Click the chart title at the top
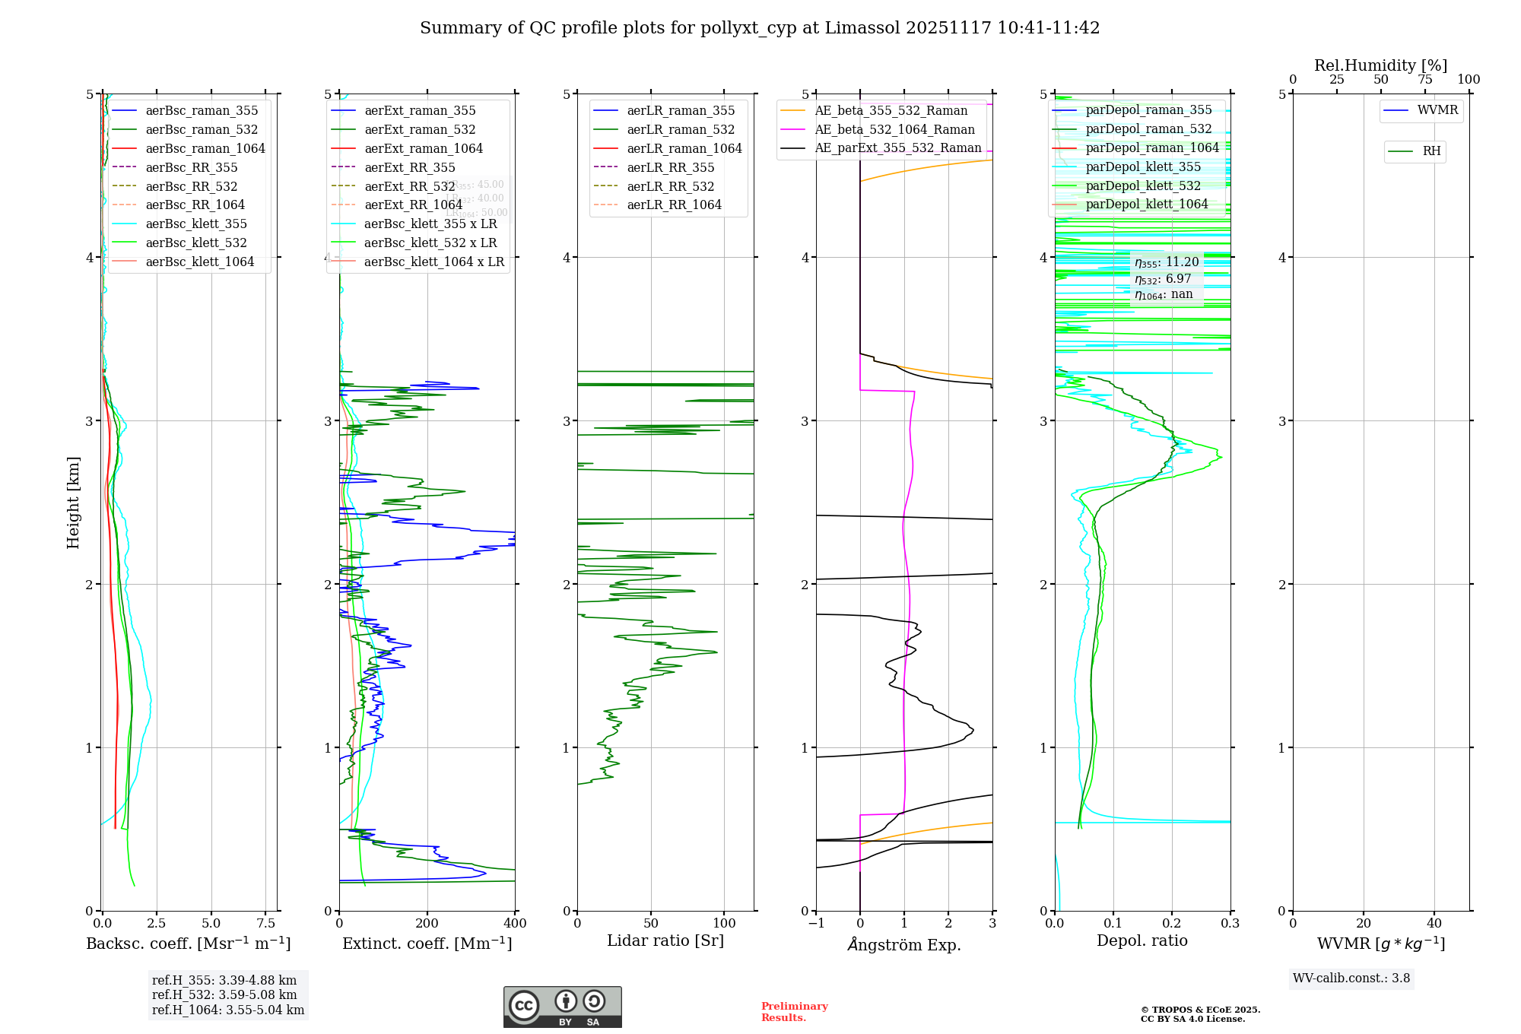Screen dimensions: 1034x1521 pyautogui.click(x=760, y=28)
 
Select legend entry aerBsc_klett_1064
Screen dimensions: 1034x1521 pyautogui.click(x=199, y=262)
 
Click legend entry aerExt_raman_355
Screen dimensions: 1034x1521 pyautogui.click(x=420, y=110)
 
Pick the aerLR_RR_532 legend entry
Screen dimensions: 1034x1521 pyautogui.click(x=670, y=186)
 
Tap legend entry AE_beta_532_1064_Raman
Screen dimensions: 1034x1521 pyautogui.click(x=894, y=129)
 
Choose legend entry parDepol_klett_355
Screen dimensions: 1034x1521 pyautogui.click(x=1143, y=167)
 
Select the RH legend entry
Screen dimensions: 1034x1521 pyautogui.click(x=1431, y=151)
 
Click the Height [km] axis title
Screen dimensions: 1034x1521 pyautogui.click(x=73, y=502)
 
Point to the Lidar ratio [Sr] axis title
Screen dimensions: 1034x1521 pyautogui.click(x=665, y=940)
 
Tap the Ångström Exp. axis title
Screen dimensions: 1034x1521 pyautogui.click(x=904, y=944)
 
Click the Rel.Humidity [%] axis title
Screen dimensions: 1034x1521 pyautogui.click(x=1380, y=65)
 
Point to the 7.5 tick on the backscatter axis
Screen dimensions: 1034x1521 pyautogui.click(x=266, y=924)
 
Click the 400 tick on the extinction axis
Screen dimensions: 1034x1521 pyautogui.click(x=515, y=924)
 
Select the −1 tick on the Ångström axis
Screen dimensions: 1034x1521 pyautogui.click(x=816, y=924)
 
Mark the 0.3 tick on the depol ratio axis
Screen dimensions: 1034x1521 pyautogui.click(x=1230, y=924)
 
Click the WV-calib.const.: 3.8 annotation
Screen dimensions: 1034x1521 pyautogui.click(x=1351, y=978)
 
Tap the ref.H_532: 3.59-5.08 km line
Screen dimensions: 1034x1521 pyautogui.click(x=224, y=995)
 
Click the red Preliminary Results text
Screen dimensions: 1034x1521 pyautogui.click(x=794, y=1012)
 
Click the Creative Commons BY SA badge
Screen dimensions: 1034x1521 pyautogui.click(x=562, y=1007)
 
